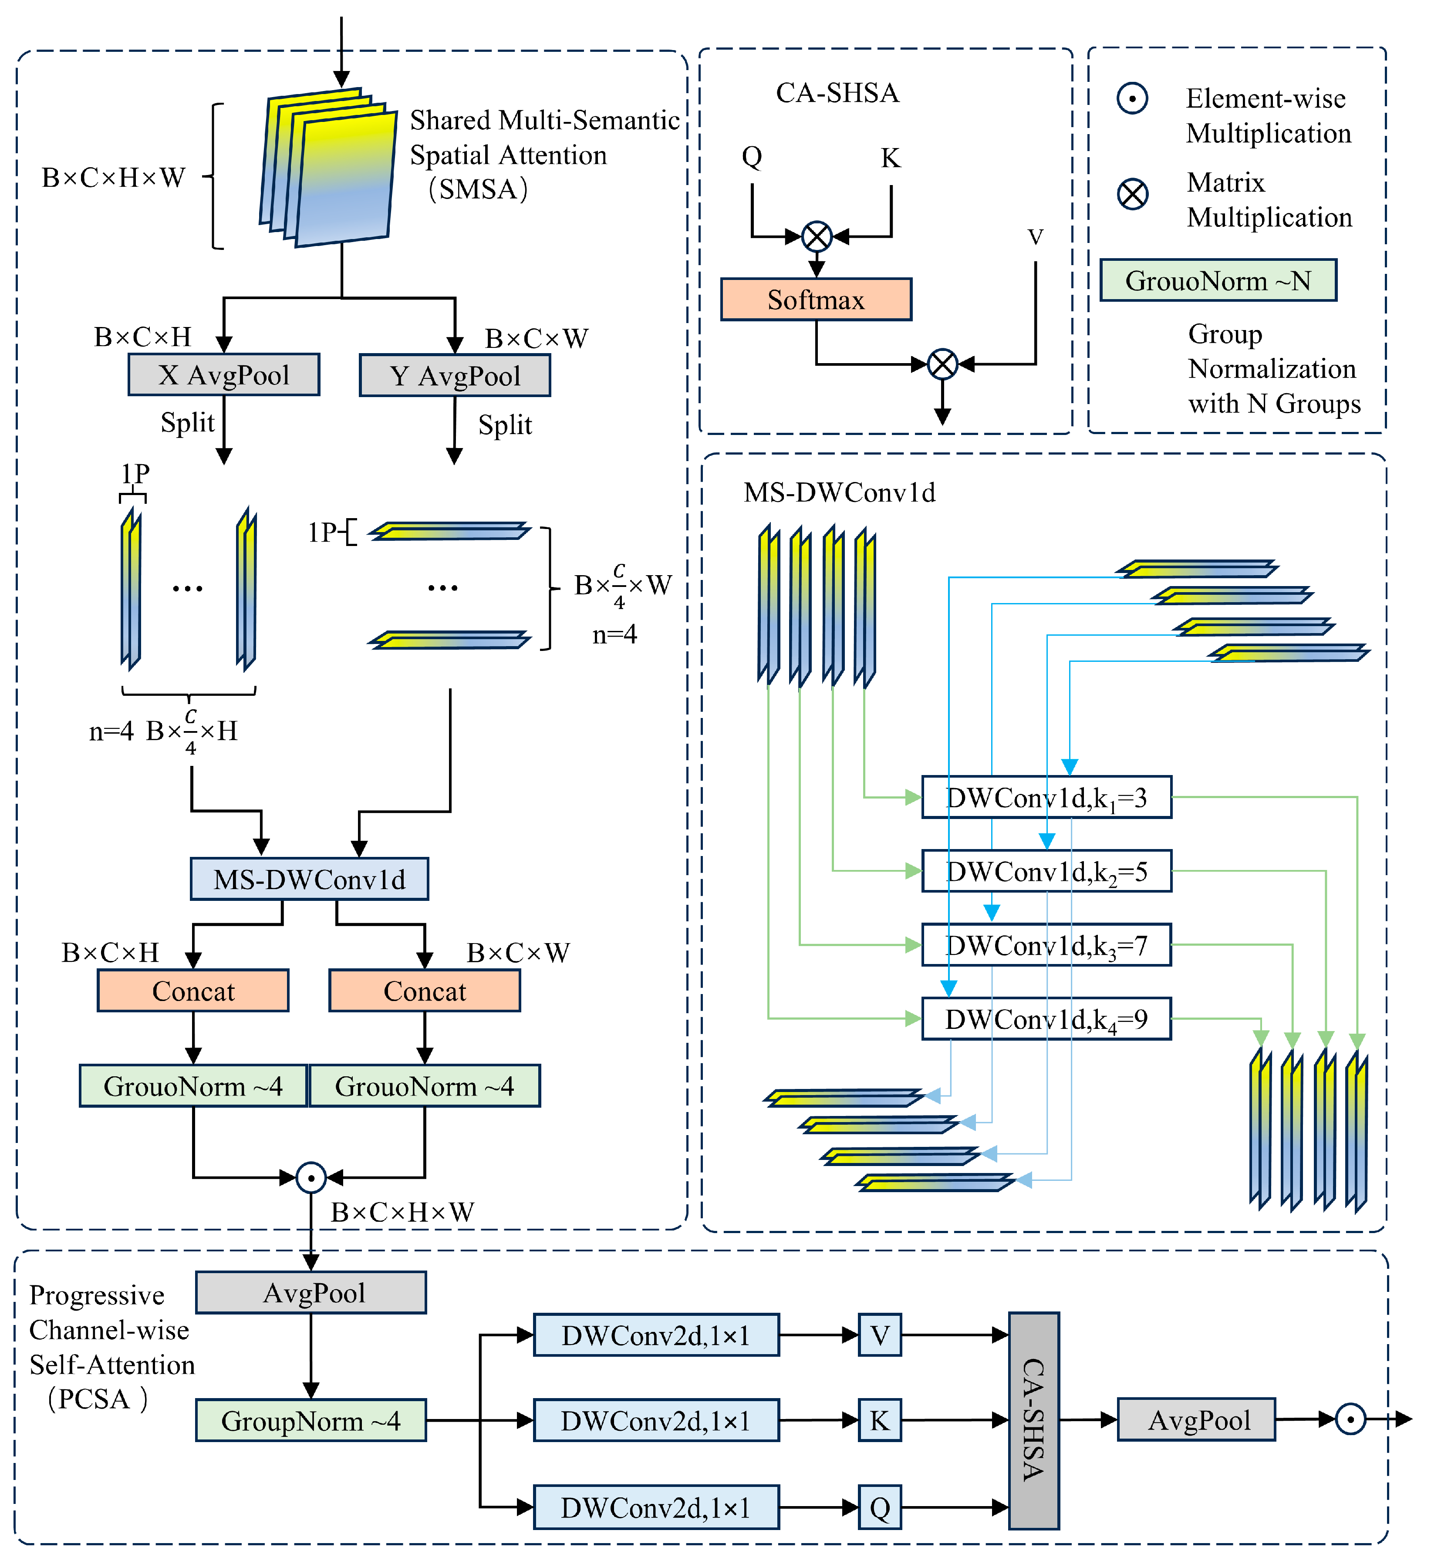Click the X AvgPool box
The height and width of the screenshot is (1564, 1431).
click(223, 375)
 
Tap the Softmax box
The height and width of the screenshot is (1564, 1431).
click(816, 300)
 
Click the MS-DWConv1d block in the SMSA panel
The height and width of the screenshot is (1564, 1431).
click(309, 879)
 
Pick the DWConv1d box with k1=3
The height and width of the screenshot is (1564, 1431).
click(1046, 798)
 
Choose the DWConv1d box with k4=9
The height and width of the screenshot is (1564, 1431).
click(1046, 1018)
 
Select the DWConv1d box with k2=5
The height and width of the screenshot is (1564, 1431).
click(1046, 871)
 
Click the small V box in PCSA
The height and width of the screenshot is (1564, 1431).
click(879, 1335)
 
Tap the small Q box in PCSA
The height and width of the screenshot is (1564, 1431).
click(879, 1507)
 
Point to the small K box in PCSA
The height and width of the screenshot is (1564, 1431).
click(879, 1420)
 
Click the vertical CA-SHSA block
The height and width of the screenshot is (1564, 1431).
click(1034, 1420)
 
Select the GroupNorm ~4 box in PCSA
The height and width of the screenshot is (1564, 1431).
click(310, 1420)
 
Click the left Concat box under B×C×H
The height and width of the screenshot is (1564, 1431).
click(193, 991)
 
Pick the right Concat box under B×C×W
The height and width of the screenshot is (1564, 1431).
click(425, 991)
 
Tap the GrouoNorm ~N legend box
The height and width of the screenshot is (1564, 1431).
click(1218, 280)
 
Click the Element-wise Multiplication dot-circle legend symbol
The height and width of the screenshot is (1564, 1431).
click(1132, 98)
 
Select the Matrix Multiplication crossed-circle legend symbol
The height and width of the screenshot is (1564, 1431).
click(1132, 193)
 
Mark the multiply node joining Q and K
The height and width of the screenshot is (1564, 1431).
click(817, 236)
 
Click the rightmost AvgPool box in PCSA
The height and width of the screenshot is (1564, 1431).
click(1196, 1420)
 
